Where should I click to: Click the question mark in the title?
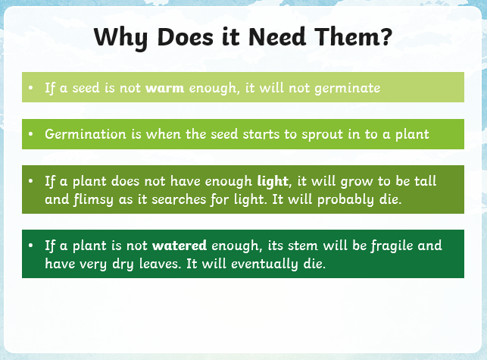[x=386, y=36]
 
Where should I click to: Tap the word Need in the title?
[x=277, y=36]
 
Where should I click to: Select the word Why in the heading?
[x=120, y=38]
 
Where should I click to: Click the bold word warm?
[x=164, y=88]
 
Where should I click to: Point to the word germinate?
[x=347, y=88]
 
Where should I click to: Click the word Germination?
[x=86, y=134]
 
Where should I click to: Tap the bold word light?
[x=273, y=181]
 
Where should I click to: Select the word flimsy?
[x=93, y=200]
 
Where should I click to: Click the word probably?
[x=345, y=200]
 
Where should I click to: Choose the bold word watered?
[x=180, y=246]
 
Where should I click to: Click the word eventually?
[x=264, y=265]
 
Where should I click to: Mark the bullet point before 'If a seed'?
[x=30, y=88]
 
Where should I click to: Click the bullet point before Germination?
[x=30, y=134]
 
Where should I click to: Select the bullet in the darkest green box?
[x=30, y=246]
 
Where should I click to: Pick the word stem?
[x=303, y=246]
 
